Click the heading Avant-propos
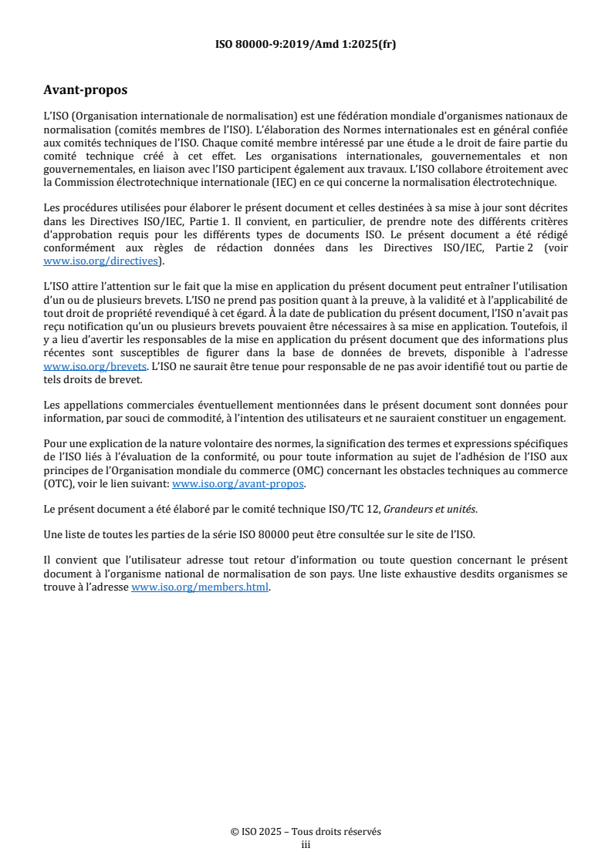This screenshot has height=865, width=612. [85, 89]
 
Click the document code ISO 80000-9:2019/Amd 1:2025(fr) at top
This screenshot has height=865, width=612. [306, 44]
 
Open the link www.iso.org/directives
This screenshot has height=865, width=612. [101, 261]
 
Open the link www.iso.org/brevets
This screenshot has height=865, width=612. [95, 366]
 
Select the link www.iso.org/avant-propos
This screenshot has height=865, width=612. [238, 483]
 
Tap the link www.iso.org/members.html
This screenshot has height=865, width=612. [201, 587]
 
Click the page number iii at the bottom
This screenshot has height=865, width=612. [306, 844]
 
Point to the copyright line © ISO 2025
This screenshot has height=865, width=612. [306, 832]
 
